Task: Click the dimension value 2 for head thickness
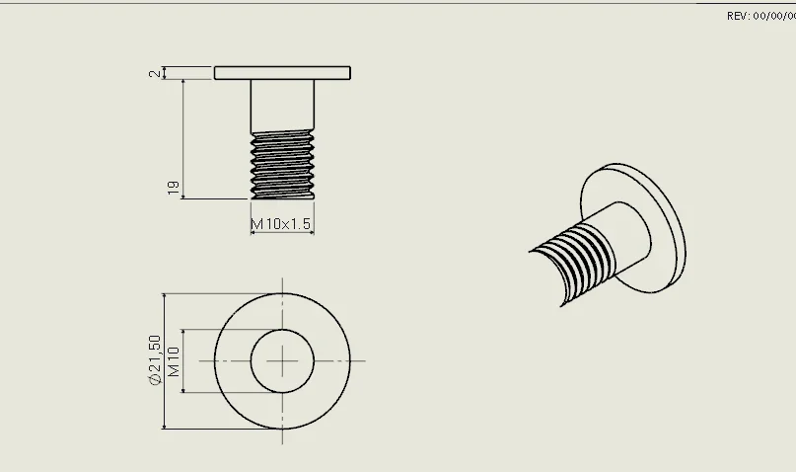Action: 154,74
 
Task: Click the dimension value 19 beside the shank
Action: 174,188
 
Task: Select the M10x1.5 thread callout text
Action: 281,223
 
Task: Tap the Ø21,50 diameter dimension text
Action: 155,359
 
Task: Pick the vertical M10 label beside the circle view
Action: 174,361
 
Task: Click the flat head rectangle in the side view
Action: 282,73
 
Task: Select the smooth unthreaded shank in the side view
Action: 282,106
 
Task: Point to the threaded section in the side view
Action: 282,165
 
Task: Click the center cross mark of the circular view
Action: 282,361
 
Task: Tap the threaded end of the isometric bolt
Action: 571,265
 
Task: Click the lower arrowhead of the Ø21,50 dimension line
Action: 164,426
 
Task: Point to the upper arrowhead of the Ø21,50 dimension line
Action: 164,298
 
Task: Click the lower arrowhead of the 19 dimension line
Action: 182,196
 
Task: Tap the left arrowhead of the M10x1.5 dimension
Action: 254,233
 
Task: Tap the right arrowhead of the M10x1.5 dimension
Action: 310,233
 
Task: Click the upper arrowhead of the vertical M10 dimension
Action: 182,334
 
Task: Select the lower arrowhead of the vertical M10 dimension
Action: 182,389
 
